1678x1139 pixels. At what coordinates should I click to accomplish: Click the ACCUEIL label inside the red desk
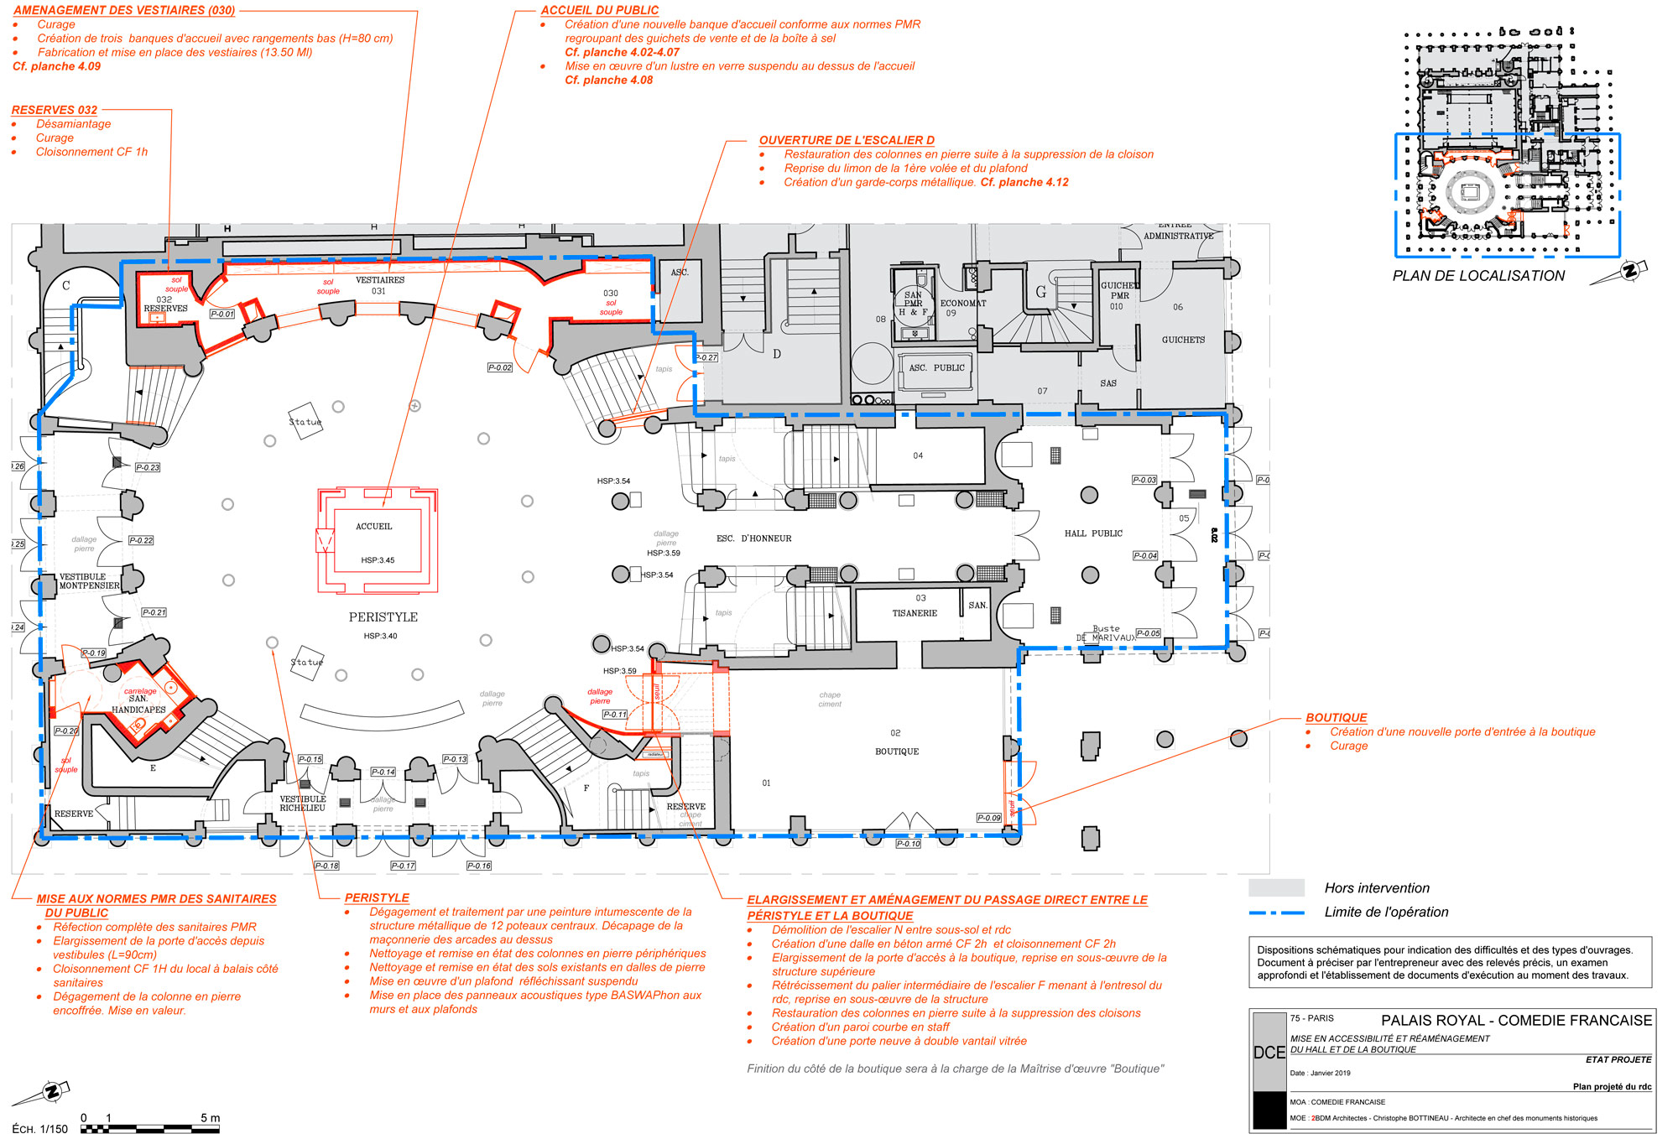(373, 527)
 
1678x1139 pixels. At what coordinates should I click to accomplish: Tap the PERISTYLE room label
(383, 617)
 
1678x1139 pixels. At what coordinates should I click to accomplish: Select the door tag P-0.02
(500, 367)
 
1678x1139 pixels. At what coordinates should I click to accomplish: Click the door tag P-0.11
(615, 715)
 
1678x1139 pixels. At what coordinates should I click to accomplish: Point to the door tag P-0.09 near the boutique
(989, 818)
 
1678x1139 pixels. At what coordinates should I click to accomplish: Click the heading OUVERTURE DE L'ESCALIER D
(847, 140)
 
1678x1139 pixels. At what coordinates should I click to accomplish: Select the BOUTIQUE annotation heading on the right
(1337, 718)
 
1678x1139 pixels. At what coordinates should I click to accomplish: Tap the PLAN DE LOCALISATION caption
(1478, 276)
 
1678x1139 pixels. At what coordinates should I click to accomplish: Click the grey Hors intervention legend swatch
(1276, 887)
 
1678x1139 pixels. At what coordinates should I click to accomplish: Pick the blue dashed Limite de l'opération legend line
(1276, 913)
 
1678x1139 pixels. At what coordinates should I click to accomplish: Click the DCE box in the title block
(1269, 1053)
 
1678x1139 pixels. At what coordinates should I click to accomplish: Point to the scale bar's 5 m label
(210, 1118)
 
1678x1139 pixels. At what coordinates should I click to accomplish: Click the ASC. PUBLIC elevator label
(937, 367)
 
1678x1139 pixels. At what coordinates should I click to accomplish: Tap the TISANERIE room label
(915, 613)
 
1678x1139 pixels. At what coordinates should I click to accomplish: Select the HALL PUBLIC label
(1093, 533)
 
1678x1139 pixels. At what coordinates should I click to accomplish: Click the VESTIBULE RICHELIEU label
(303, 804)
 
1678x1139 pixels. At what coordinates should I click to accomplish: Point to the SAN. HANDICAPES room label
(138, 705)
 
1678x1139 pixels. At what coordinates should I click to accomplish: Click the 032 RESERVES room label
(165, 304)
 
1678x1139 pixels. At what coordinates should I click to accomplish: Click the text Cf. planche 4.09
(56, 66)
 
